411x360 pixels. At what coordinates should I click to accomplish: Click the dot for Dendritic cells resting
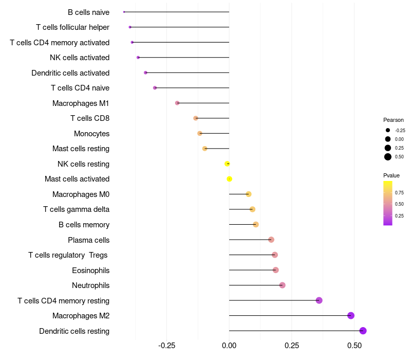[363, 331]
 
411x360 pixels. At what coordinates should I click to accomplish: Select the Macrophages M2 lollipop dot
[351, 316]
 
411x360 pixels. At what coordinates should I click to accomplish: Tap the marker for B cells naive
[124, 12]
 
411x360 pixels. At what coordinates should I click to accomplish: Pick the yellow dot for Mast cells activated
[230, 179]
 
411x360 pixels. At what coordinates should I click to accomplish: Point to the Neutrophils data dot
[282, 285]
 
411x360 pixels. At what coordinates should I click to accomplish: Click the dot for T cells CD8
[196, 118]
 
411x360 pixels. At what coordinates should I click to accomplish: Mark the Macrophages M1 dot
[177, 103]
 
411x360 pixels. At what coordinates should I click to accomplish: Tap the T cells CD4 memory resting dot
[319, 300]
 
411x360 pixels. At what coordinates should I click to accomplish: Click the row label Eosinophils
[90, 270]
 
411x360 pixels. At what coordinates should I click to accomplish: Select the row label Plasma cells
[88, 240]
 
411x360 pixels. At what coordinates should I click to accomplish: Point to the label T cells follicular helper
[72, 27]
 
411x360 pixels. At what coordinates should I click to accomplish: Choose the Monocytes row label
[91, 134]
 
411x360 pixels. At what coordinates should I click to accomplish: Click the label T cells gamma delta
[76, 209]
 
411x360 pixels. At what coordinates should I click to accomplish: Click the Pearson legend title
[394, 120]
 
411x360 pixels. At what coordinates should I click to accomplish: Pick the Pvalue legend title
[391, 175]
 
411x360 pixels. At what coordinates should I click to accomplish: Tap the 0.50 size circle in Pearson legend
[388, 157]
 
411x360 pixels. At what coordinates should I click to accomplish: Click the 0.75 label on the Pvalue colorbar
[399, 193]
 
